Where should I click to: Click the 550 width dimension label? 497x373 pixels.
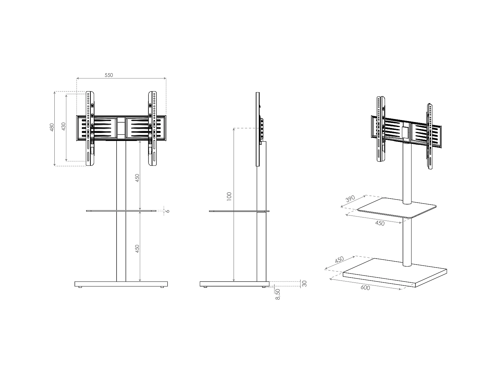(109, 75)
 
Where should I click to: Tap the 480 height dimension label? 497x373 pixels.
(52, 127)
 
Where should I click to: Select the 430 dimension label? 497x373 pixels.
(64, 126)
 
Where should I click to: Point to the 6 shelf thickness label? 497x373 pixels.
(168, 211)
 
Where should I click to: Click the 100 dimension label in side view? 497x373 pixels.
(229, 197)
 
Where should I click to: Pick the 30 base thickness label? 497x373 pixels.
(304, 283)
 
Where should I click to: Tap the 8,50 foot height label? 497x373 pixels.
(278, 294)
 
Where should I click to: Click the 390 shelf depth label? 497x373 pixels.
(350, 199)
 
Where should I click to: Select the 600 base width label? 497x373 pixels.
(365, 287)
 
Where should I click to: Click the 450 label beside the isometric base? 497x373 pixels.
(339, 260)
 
